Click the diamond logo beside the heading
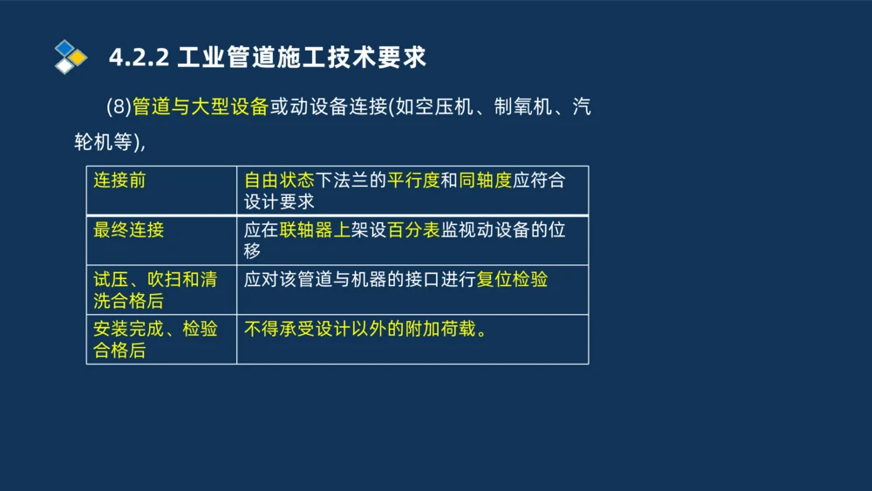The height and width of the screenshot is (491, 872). pyautogui.click(x=71, y=57)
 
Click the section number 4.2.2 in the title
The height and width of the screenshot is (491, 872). pyautogui.click(x=139, y=58)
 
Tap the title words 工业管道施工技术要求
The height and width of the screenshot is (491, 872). pyautogui.click(x=302, y=58)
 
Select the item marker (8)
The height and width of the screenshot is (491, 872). pyautogui.click(x=118, y=107)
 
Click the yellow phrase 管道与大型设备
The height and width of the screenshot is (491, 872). pyautogui.click(x=200, y=107)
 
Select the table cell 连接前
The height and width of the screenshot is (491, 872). pyautogui.click(x=119, y=181)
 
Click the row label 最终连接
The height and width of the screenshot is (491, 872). pyautogui.click(x=129, y=230)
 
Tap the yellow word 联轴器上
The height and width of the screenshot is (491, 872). pyautogui.click(x=315, y=230)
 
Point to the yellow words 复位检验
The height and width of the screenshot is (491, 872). pyautogui.click(x=512, y=280)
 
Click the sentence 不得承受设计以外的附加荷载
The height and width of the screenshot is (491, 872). pyautogui.click(x=364, y=330)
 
